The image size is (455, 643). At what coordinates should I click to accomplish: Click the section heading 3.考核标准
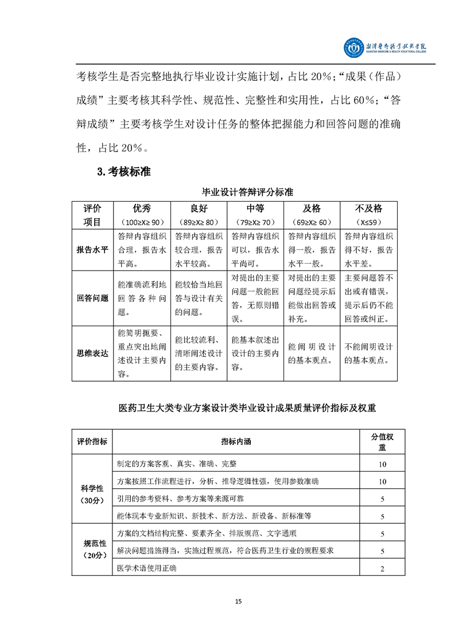124,171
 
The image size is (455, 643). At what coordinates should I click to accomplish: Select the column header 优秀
142,208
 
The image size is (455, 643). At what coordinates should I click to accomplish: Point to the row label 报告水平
92,250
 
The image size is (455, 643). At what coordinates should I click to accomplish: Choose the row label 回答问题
92,298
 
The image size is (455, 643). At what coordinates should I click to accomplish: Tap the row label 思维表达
92,354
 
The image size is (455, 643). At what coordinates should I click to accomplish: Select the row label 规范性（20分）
92,548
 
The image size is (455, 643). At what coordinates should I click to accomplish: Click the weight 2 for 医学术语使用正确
382,568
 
